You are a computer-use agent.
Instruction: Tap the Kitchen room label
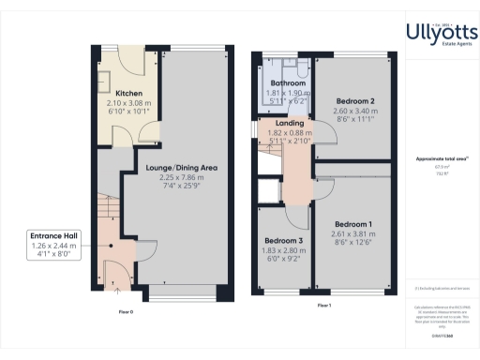128,95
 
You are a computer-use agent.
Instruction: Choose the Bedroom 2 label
352,100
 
